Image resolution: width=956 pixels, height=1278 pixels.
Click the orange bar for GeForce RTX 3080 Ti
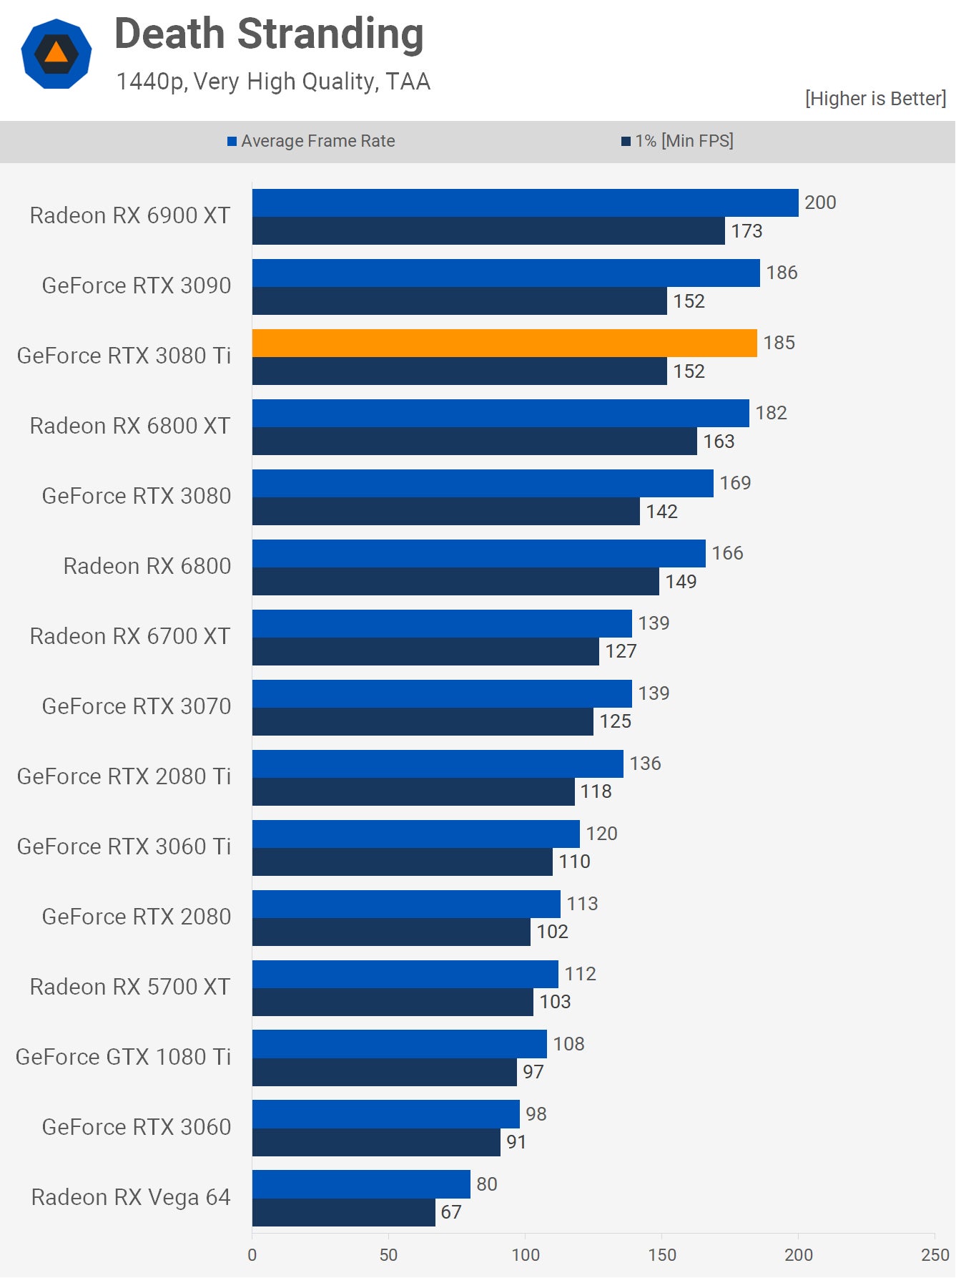[x=504, y=343]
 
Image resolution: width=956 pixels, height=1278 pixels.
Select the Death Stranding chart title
[x=269, y=34]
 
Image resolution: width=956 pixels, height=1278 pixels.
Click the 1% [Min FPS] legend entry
[x=677, y=141]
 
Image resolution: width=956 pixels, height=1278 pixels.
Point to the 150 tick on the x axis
[x=662, y=1254]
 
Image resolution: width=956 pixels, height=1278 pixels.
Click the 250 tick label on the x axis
[x=935, y=1254]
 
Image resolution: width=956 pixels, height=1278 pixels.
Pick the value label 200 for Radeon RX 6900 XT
[x=820, y=203]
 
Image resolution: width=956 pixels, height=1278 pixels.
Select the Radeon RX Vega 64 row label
[x=131, y=1197]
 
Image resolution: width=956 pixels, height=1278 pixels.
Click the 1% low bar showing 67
[x=343, y=1212]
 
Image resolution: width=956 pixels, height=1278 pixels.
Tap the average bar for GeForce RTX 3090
[x=506, y=273]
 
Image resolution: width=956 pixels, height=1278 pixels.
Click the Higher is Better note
[x=875, y=99]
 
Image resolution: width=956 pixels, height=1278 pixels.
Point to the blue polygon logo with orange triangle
[x=56, y=54]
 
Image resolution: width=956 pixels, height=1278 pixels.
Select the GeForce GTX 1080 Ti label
[x=123, y=1057]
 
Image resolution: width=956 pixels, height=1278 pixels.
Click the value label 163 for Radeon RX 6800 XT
[x=719, y=442]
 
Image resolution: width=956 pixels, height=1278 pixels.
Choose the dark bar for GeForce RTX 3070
[x=422, y=721]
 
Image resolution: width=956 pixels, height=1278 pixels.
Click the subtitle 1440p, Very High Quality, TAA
[x=273, y=82]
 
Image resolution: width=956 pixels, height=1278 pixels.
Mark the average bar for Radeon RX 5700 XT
[x=405, y=974]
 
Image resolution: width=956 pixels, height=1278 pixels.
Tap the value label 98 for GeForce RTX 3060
[x=536, y=1114]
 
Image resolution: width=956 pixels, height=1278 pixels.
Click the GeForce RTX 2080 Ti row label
[x=124, y=776]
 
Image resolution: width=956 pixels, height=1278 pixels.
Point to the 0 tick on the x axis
[x=252, y=1254]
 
